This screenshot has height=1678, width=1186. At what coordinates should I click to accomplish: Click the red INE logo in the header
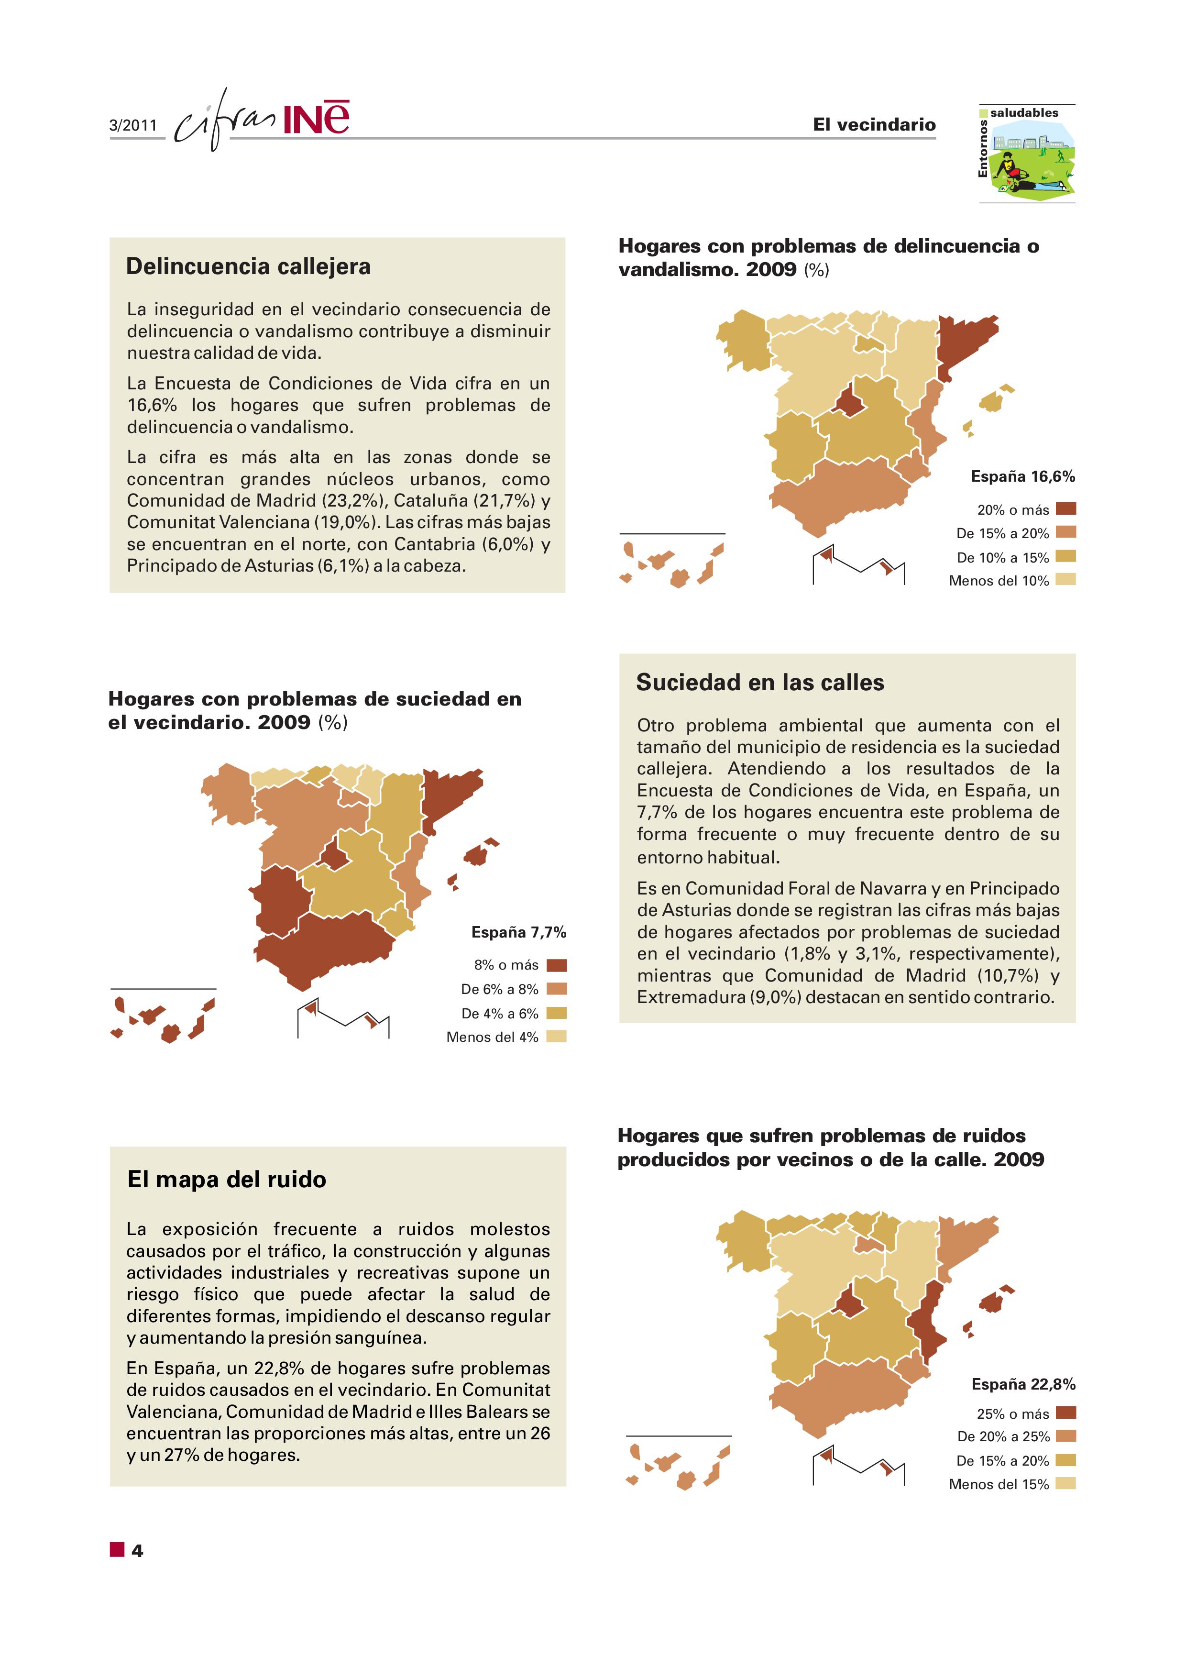[x=316, y=119]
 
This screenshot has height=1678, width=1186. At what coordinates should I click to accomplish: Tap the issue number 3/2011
[x=133, y=125]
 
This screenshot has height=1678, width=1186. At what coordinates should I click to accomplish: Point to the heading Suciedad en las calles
[x=759, y=682]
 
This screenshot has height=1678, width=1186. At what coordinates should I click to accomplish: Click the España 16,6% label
[x=1022, y=476]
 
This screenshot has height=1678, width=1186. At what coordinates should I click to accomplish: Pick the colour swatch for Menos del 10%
[x=1065, y=580]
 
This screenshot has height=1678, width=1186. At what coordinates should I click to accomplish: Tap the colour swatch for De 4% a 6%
[x=556, y=1013]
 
